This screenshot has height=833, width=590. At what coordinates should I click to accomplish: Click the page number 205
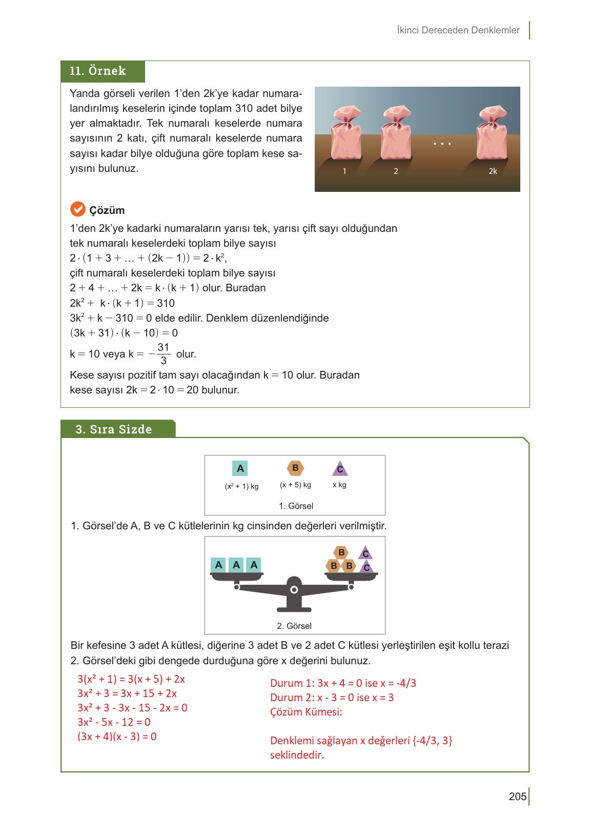click(x=517, y=796)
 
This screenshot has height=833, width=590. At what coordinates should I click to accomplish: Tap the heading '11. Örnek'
click(x=98, y=71)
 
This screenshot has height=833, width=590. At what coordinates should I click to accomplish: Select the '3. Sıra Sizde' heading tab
click(x=114, y=429)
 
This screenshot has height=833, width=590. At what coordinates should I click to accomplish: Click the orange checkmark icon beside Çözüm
click(x=77, y=209)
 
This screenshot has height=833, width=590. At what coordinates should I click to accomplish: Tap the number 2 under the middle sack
click(x=396, y=171)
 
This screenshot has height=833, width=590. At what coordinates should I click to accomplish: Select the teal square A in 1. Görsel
click(x=240, y=468)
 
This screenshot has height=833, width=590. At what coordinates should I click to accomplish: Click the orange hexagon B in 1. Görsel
click(x=295, y=468)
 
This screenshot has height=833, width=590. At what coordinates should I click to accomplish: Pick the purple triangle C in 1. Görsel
click(x=340, y=469)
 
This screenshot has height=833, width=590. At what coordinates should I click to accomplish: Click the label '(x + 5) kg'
click(x=295, y=485)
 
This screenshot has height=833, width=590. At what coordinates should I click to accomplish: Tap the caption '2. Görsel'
click(x=294, y=626)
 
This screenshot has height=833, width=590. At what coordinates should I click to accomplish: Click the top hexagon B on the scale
click(x=341, y=552)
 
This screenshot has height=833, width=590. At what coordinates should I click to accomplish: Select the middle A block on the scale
click(x=236, y=565)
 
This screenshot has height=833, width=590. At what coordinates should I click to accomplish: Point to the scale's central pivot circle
click(x=294, y=589)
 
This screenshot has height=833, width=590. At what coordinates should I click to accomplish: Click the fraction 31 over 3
click(x=164, y=354)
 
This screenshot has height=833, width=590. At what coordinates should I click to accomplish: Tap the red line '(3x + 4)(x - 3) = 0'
click(x=117, y=737)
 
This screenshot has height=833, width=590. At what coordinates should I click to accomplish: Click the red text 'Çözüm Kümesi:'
click(x=306, y=712)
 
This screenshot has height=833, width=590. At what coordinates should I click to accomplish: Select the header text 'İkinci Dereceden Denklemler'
click(x=458, y=30)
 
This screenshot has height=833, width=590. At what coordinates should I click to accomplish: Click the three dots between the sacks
click(x=442, y=144)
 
